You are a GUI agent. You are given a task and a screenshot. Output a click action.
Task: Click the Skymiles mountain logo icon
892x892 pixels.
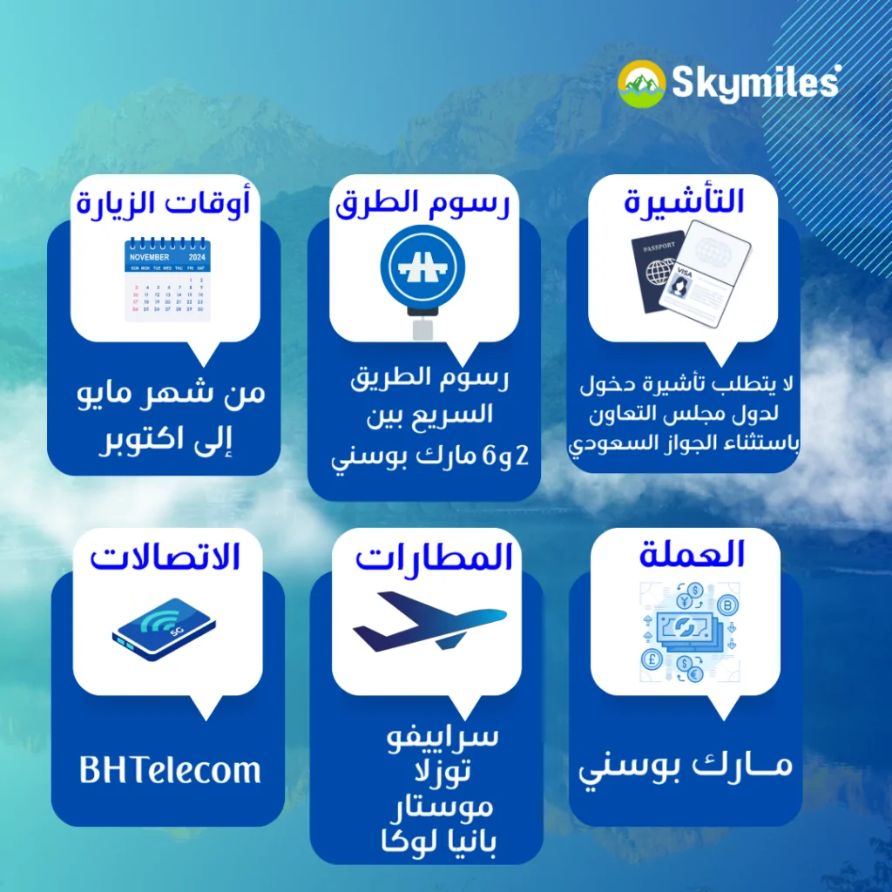pos(642,84)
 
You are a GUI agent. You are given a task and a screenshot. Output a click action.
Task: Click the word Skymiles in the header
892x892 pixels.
pos(756,83)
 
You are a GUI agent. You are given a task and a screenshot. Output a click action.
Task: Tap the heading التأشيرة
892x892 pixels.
pos(684,201)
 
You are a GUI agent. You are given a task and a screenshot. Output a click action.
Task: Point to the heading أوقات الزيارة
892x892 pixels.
pos(164,202)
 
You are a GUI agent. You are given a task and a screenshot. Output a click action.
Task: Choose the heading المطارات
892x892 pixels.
pos(434,557)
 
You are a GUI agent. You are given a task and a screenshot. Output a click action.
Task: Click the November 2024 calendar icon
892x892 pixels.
pos(167,280)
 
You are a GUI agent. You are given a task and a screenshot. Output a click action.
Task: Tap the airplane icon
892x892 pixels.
pos(429,621)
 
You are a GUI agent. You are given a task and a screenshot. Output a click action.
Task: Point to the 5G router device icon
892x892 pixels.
pos(164,629)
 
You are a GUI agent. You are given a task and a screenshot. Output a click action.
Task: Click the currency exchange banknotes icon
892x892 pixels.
pos(690,632)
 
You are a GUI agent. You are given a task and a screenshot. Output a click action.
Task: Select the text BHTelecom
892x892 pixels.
pos(170,770)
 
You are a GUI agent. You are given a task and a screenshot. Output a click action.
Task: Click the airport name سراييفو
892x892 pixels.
pos(443,736)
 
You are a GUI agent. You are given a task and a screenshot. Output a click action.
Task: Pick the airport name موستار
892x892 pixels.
pos(442,807)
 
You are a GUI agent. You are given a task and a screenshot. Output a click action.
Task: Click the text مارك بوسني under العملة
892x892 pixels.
pos(686,766)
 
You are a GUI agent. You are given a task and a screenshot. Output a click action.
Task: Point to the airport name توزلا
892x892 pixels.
pos(443,772)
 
